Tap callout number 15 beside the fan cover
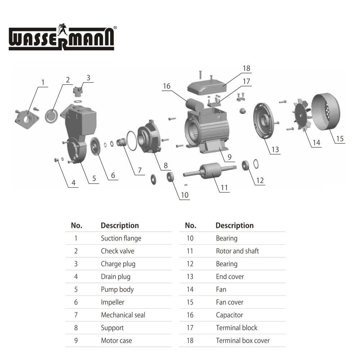(x=340, y=139)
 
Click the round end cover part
(x=267, y=120)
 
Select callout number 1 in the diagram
(x=43, y=82)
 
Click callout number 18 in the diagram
(x=246, y=68)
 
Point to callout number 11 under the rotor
(x=224, y=188)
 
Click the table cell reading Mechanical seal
(x=123, y=315)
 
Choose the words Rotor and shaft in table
(x=237, y=251)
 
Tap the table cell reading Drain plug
(x=116, y=276)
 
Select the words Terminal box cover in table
(x=243, y=341)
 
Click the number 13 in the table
(x=190, y=276)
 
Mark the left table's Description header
(x=120, y=226)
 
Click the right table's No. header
(x=190, y=226)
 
